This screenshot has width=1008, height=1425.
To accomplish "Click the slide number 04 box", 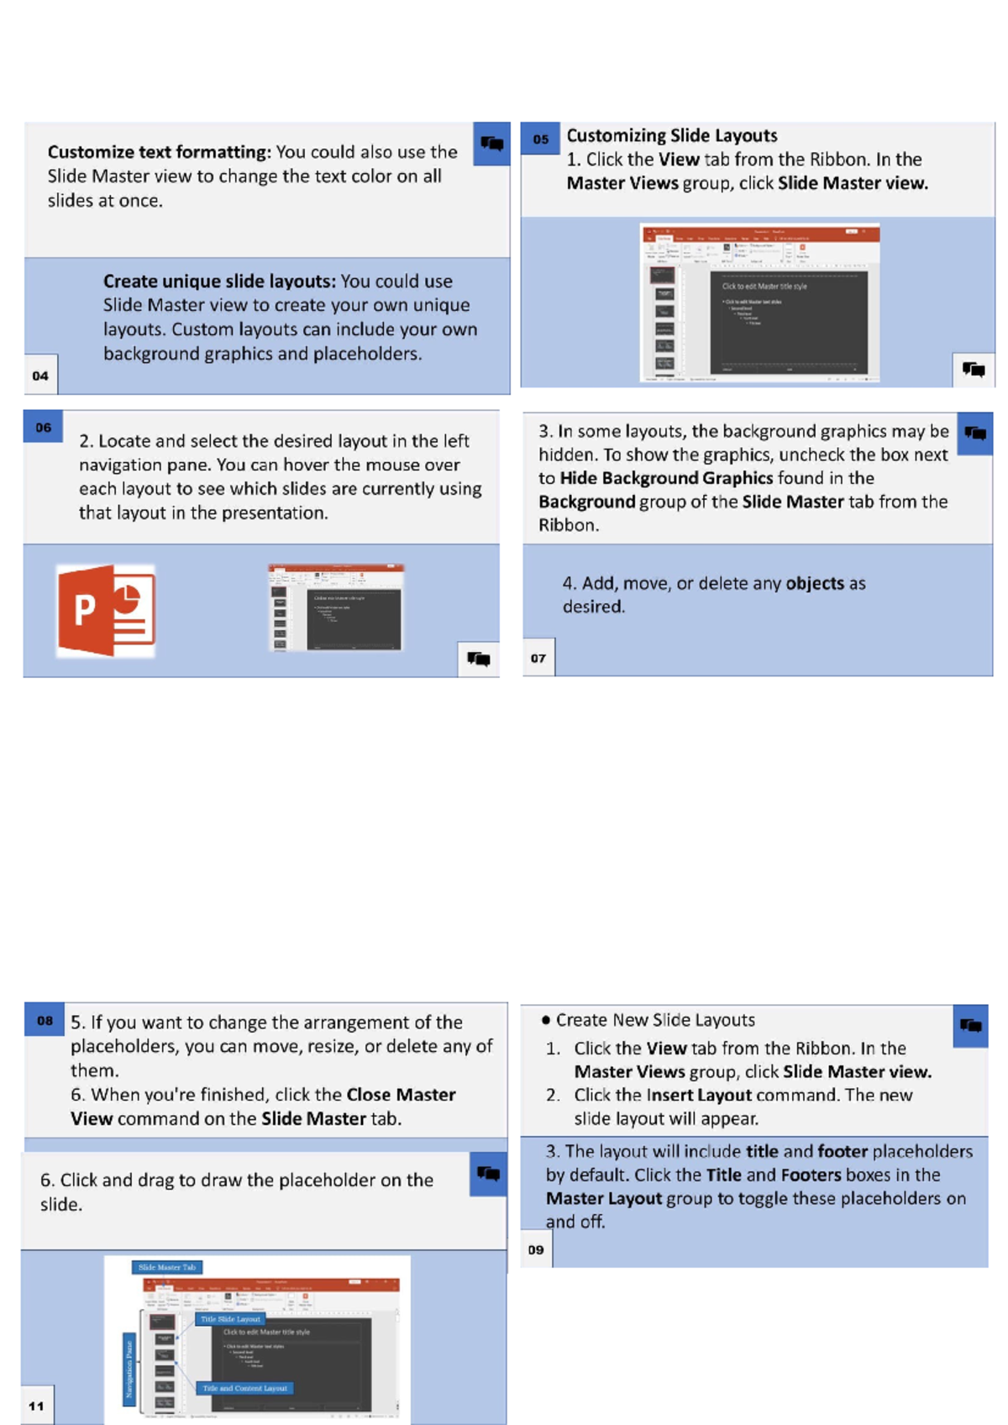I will (40, 375).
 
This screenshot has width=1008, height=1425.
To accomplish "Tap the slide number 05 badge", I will (540, 139).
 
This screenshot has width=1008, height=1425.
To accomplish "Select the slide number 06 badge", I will (44, 427).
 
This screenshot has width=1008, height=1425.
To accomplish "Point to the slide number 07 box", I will (538, 658).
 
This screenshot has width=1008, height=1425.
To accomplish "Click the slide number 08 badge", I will (45, 1020).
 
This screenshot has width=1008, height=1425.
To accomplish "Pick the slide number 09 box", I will (536, 1249).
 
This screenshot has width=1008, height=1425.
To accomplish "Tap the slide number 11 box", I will (37, 1405).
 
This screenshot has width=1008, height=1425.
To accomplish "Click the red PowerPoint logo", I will (106, 611).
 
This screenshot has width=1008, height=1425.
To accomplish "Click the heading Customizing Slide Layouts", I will (671, 135).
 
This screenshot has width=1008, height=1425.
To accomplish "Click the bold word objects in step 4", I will (814, 583).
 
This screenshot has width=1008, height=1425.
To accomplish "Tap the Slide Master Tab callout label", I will (166, 1267).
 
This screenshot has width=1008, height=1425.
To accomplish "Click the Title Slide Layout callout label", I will (230, 1319).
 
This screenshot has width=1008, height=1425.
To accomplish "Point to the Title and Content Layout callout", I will (244, 1388).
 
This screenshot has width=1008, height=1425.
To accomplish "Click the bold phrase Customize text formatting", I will (159, 152).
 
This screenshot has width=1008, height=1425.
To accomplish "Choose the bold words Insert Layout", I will (699, 1095).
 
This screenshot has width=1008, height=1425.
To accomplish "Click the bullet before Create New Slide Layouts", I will (546, 1020).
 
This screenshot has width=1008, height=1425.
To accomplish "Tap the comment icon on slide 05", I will (973, 369).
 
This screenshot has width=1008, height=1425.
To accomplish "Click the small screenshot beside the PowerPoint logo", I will (336, 607).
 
